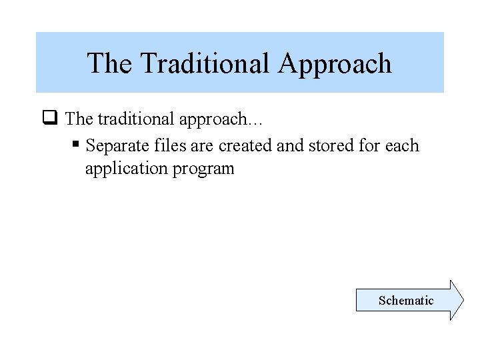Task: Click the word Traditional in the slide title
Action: [205, 63]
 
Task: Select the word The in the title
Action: [111, 63]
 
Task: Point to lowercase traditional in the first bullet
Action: [137, 119]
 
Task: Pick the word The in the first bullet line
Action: [79, 119]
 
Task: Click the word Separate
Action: [114, 146]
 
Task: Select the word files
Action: [160, 145]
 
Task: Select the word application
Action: [125, 168]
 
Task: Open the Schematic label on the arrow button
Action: [405, 301]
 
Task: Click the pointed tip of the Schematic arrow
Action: [461, 300]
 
